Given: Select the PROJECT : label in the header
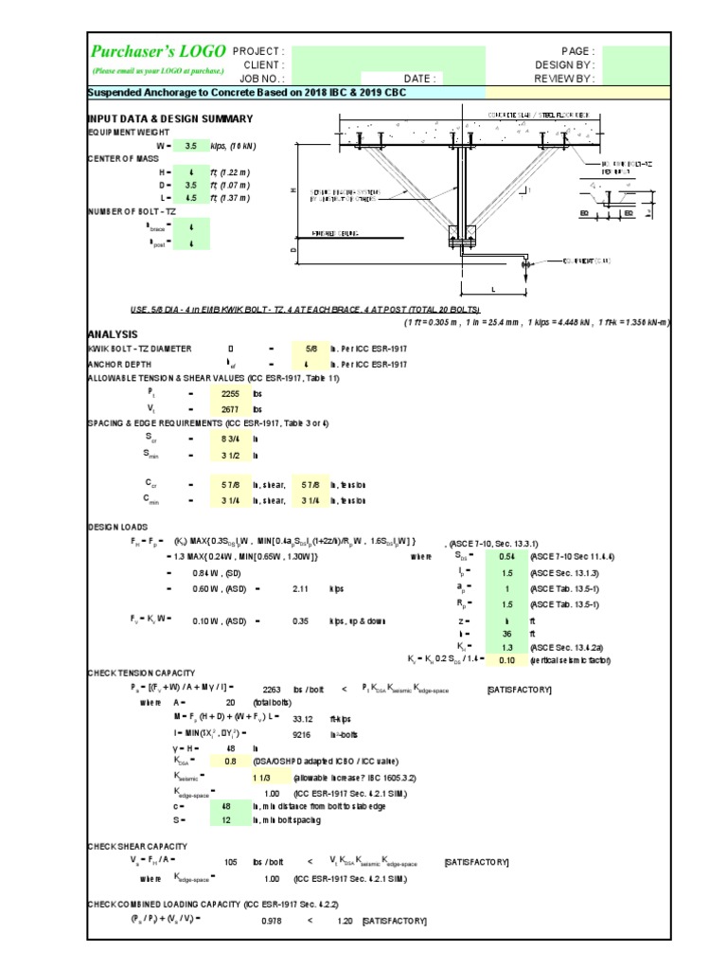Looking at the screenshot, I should [x=257, y=51].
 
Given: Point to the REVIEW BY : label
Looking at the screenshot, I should [x=565, y=80].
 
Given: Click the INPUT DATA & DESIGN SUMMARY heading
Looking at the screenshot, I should [x=169, y=118].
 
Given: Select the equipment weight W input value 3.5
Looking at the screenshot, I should [x=190, y=147].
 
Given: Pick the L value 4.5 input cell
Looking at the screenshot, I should [x=190, y=197].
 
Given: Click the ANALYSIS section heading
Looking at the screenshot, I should [x=113, y=333].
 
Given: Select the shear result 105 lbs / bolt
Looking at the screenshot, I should [x=230, y=862].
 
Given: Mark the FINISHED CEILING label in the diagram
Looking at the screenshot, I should [x=341, y=233].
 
